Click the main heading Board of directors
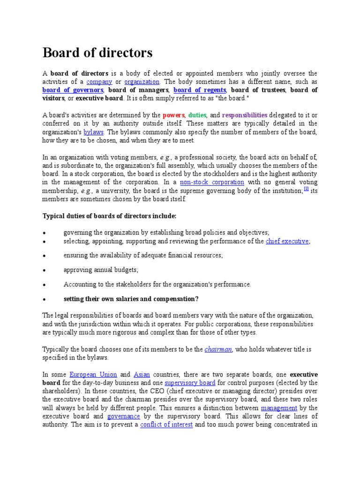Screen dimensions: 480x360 (97, 53)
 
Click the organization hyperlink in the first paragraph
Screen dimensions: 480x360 (142, 82)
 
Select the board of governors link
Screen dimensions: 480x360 (73, 90)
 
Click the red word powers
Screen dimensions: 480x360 (173, 115)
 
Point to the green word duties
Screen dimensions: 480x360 (197, 115)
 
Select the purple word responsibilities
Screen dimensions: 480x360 (245, 115)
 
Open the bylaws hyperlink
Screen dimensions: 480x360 (94, 132)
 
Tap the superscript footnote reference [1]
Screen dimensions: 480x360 (306, 189)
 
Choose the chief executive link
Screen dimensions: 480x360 (287, 241)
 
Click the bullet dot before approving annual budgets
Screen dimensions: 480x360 (44, 270)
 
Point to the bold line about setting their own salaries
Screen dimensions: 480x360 (131, 299)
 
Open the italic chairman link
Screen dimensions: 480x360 (218, 350)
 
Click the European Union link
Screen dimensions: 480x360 (92, 375)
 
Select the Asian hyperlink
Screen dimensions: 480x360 (142, 375)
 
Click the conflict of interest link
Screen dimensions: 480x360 (166, 425)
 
